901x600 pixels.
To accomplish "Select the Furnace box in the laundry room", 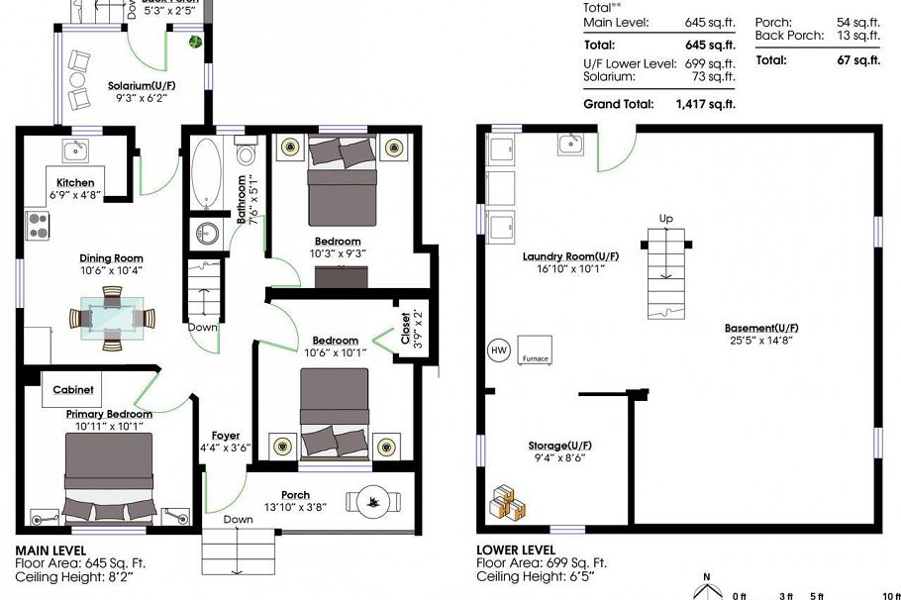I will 535,350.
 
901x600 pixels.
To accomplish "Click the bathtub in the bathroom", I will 207,174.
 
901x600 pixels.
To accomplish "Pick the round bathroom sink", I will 208,234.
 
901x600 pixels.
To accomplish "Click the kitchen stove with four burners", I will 37,227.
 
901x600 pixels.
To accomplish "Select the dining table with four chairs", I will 113,318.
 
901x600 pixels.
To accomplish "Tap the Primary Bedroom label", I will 109,414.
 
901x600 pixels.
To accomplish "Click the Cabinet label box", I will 74,390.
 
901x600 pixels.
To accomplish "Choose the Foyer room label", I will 226,436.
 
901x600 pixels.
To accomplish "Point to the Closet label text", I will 405,328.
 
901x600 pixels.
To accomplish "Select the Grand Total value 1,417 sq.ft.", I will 706,103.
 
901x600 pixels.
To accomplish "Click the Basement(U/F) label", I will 761,328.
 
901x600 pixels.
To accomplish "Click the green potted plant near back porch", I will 196,42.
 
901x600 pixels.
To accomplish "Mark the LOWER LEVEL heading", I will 516,550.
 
